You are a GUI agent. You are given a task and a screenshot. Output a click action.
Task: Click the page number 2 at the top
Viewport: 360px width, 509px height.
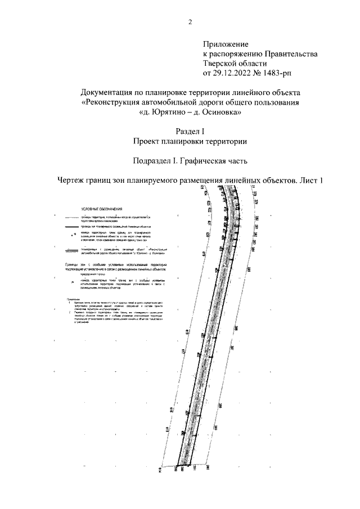(190, 22)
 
